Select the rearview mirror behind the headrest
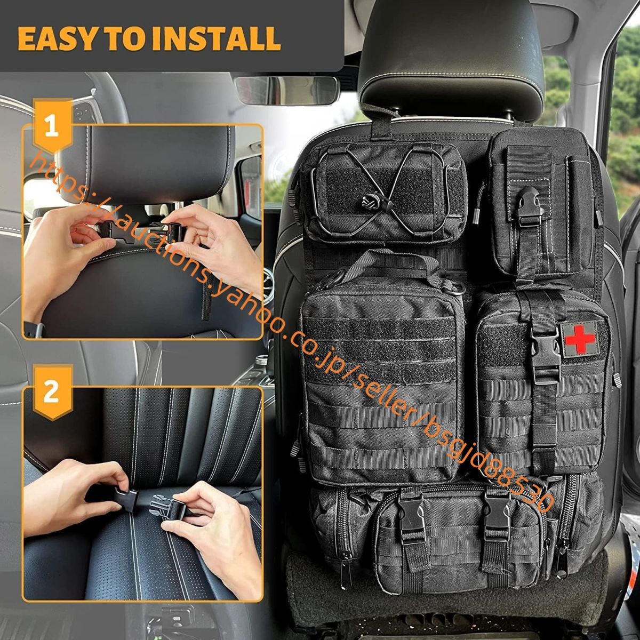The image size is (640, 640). [x=286, y=90]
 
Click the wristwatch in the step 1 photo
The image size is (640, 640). [x=36, y=329]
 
